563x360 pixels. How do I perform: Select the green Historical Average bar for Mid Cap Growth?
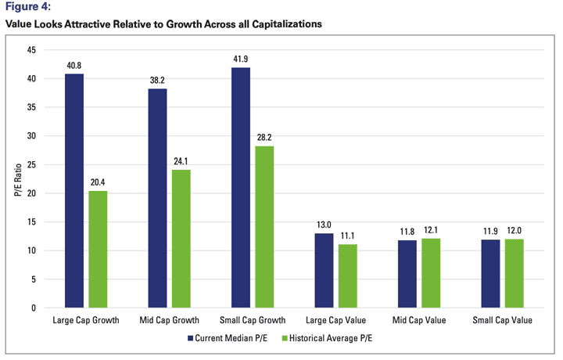(181, 239)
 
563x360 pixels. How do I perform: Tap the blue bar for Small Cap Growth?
(240, 187)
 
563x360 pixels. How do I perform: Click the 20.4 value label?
(98, 183)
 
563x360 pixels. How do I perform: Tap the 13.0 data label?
(324, 225)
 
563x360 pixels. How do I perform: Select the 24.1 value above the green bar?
(181, 162)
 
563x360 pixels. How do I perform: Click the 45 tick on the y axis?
(32, 50)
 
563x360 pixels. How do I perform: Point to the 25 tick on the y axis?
(32, 164)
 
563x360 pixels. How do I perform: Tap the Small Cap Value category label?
(503, 321)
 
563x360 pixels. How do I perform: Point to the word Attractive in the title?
(93, 24)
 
